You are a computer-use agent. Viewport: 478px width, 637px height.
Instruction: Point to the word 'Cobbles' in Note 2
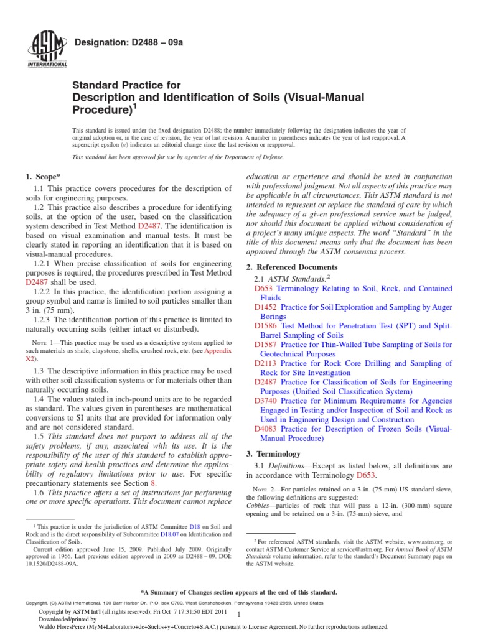tap(260, 506)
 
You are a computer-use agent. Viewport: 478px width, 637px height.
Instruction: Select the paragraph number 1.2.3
tap(43, 320)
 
